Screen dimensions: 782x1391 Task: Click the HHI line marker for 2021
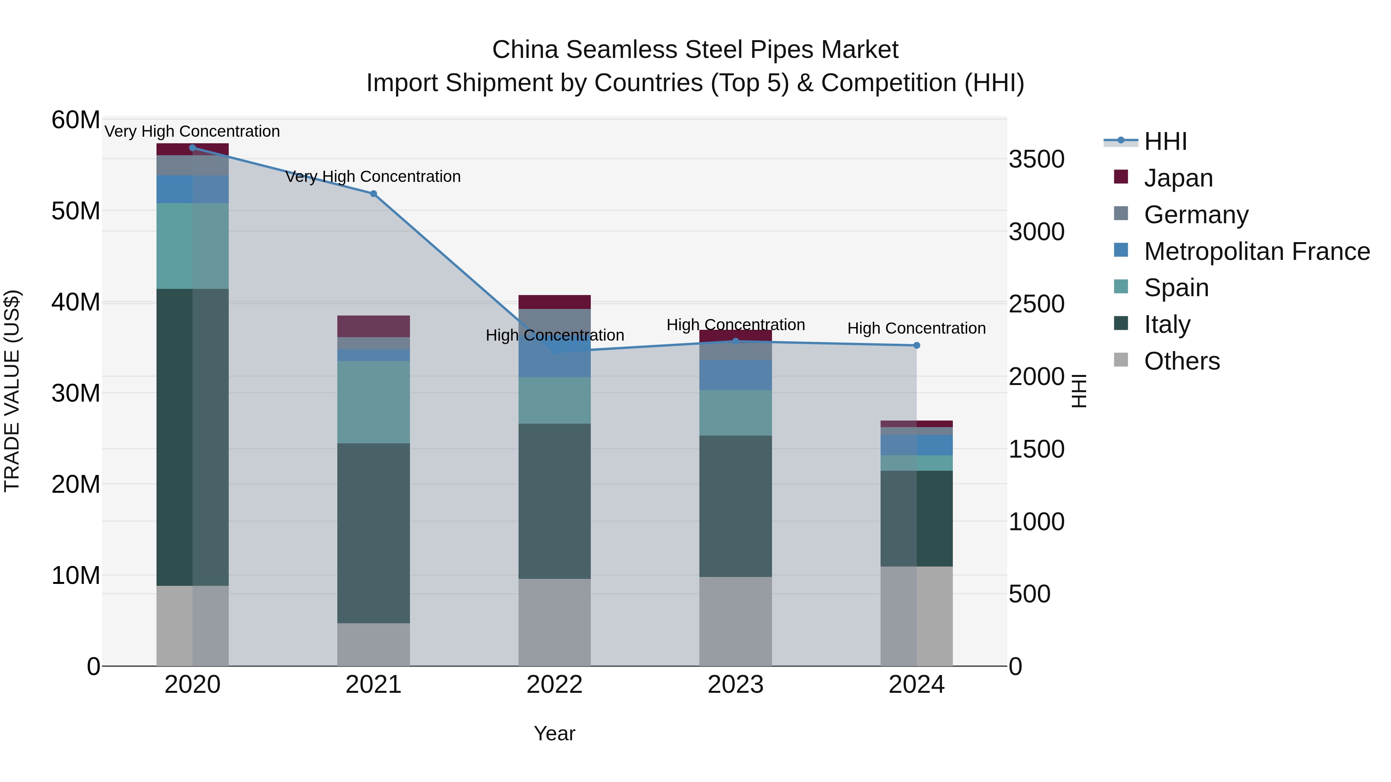[x=373, y=194]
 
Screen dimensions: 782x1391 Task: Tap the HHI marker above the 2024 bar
[x=917, y=345]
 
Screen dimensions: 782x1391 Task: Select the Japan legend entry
[x=1178, y=178]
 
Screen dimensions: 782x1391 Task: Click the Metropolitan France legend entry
[x=1256, y=251]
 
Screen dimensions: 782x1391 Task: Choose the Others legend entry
[x=1182, y=361]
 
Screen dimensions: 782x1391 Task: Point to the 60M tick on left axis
[x=76, y=120]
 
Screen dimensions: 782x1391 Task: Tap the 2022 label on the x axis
[x=554, y=685]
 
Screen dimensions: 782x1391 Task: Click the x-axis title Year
[x=554, y=733]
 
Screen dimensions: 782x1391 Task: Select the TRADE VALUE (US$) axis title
[x=12, y=391]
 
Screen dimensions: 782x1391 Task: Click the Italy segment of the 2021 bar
[x=373, y=533]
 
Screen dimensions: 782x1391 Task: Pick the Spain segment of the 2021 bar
[x=373, y=402]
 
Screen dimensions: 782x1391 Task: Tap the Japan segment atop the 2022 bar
[x=554, y=302]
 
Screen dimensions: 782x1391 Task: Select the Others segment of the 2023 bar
[x=735, y=621]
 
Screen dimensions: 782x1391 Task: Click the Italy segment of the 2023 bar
[x=735, y=506]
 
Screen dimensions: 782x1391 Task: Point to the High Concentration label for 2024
[x=917, y=328]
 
